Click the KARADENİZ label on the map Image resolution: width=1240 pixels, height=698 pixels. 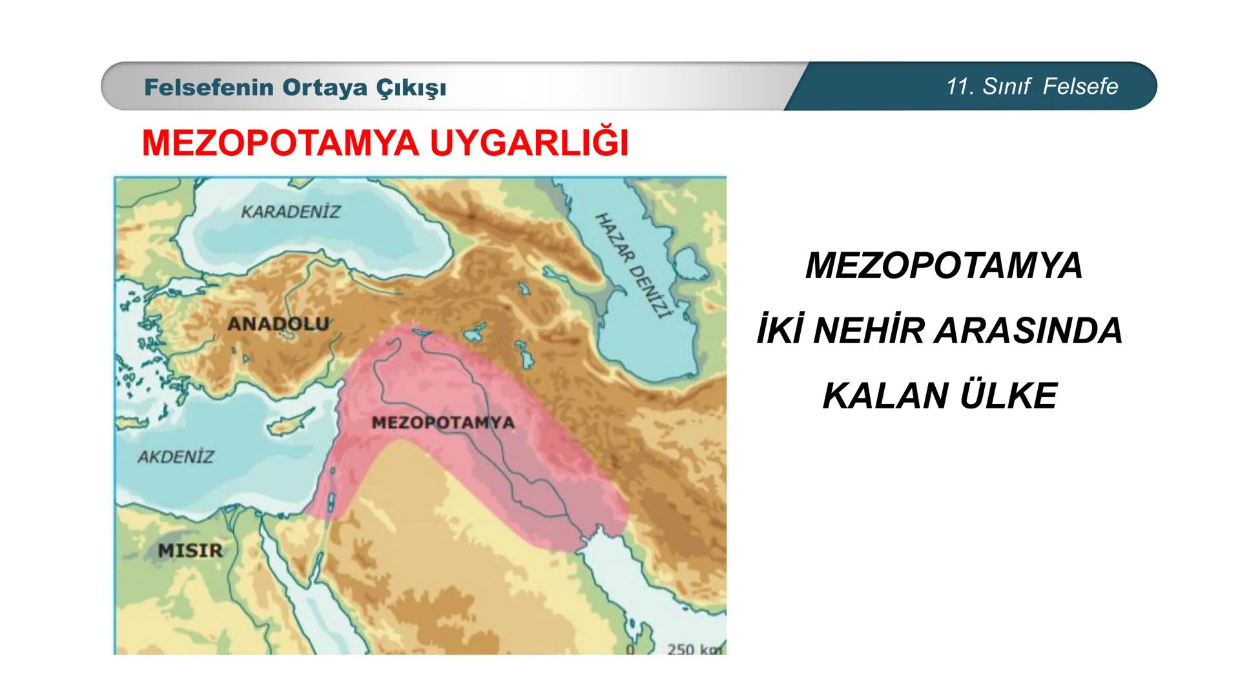pos(290,211)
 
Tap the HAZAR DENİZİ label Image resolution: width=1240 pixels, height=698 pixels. pos(632,266)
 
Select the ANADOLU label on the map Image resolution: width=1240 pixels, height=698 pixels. pos(278,323)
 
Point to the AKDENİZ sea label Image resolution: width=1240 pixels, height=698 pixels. pos(175,456)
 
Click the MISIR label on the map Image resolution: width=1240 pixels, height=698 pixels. pos(190,551)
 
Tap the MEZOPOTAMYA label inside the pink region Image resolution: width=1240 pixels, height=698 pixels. pos(443,423)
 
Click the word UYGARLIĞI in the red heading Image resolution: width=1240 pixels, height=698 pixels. pos(529,143)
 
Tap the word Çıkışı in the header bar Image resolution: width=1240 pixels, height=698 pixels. pos(411,87)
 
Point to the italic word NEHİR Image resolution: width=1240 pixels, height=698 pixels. pos(869,331)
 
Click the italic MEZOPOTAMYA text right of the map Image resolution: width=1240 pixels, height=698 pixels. pos(944,266)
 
